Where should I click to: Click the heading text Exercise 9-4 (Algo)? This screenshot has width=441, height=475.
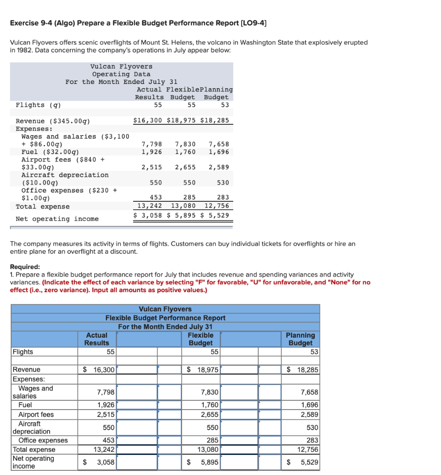[x=46, y=23]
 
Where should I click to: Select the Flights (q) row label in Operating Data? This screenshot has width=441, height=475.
[x=38, y=105]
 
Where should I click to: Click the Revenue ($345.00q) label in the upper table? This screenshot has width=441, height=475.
[x=53, y=121]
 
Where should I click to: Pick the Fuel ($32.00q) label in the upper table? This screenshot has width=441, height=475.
[x=50, y=152]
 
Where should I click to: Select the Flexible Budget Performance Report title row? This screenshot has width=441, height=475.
[x=165, y=318]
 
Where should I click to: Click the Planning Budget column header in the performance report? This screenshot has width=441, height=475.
[x=300, y=339]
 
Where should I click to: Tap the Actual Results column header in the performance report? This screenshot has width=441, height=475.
[x=96, y=339]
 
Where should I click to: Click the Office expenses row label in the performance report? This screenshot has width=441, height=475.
[x=43, y=440]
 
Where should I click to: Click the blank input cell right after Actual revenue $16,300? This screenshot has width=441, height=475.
[x=136, y=370]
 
